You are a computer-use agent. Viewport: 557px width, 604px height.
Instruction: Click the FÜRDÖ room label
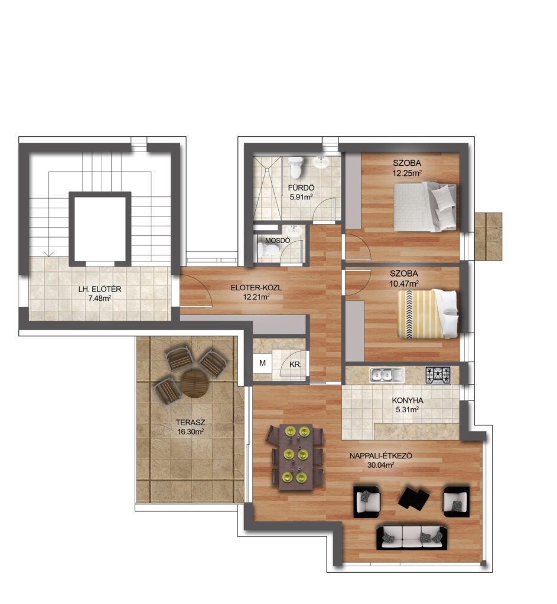pyautogui.click(x=301, y=188)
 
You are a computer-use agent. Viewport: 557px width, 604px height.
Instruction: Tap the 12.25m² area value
pyautogui.click(x=406, y=173)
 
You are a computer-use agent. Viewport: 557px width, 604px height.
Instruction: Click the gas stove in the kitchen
pyautogui.click(x=438, y=375)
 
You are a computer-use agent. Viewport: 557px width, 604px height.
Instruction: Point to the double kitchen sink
pyautogui.click(x=387, y=375)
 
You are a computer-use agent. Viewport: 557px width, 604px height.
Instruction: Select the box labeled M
pyautogui.click(x=262, y=363)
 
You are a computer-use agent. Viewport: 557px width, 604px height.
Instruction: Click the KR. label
pyautogui.click(x=295, y=365)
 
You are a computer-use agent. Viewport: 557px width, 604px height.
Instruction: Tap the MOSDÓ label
pyautogui.click(x=278, y=241)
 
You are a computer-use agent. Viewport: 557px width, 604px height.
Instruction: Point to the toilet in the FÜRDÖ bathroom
pyautogui.click(x=297, y=168)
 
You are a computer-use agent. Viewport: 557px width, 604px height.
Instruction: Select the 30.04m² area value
pyautogui.click(x=381, y=465)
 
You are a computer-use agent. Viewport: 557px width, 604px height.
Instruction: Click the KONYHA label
pyautogui.click(x=408, y=401)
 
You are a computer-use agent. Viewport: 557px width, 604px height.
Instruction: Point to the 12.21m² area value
pyautogui.click(x=256, y=297)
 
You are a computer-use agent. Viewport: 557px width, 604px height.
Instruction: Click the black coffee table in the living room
pyautogui.click(x=413, y=497)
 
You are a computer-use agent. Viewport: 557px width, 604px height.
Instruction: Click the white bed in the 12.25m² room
pyautogui.click(x=425, y=207)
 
